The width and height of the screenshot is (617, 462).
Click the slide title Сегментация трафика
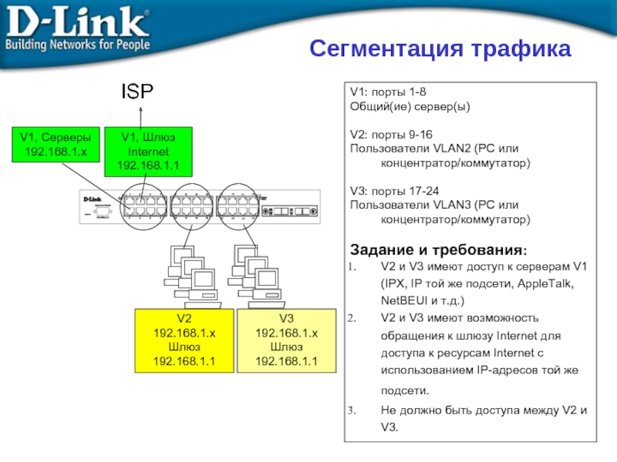(440, 49)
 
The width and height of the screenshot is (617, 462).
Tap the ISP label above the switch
(135, 92)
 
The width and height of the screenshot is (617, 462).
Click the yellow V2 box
(184, 340)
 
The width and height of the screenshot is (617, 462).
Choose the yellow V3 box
(286, 340)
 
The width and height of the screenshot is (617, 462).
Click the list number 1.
(355, 267)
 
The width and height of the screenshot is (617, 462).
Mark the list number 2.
(355, 318)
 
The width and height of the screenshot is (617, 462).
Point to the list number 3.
(355, 411)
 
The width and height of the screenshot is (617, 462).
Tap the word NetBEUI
(402, 301)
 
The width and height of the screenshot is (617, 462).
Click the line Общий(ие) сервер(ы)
(409, 105)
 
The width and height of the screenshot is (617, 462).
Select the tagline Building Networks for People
(77, 45)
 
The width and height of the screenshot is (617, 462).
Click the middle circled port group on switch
(191, 203)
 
